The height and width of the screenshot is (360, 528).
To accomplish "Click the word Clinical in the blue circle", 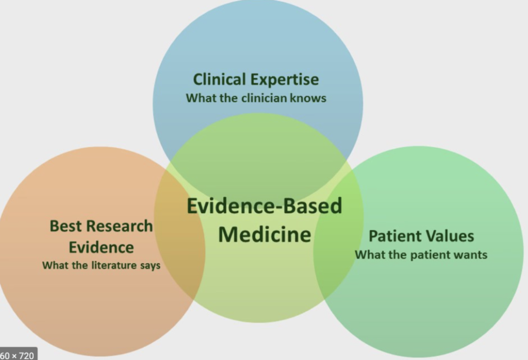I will tap(220, 80).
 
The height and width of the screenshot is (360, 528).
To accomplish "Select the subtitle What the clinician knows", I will tap(256, 97).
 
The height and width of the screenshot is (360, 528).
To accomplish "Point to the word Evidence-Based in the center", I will tap(264, 206).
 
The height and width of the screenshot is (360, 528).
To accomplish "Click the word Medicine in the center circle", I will tap(265, 235).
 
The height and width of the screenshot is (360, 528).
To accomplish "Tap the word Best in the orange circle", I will tap(65, 226).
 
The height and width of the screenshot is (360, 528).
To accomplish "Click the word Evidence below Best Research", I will tap(101, 247).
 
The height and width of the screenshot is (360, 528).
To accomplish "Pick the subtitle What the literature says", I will tap(101, 266).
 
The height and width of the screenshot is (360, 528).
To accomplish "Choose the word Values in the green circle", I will tap(450, 236).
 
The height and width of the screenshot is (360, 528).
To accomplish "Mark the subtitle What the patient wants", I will tap(421, 254).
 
